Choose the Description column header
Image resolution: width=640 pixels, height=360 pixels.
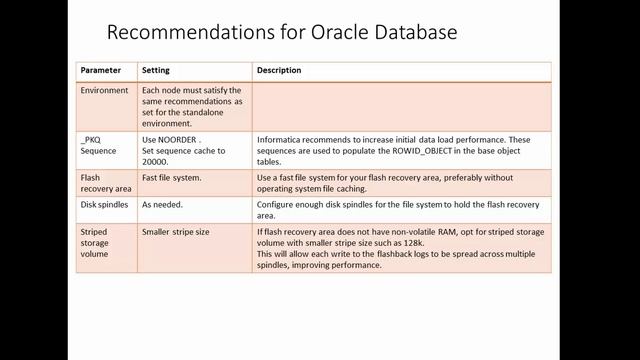coord(279,71)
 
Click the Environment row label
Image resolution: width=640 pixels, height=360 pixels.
coord(105,90)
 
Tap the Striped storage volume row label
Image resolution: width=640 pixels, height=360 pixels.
coord(98,242)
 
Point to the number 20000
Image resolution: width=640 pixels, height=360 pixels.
coord(155,161)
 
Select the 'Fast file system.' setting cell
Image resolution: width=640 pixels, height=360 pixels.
coord(171,177)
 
